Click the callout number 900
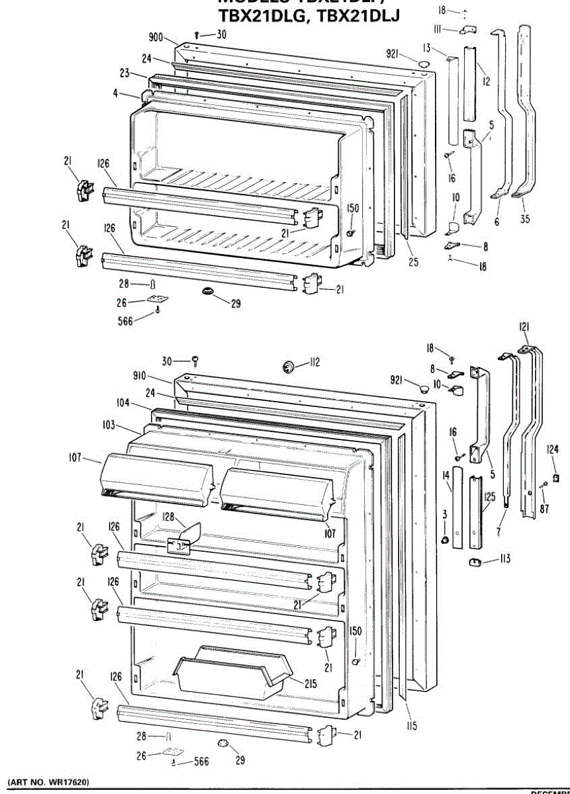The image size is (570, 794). [x=155, y=38]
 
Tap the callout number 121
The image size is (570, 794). [x=524, y=326]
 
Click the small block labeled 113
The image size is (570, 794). [x=475, y=562]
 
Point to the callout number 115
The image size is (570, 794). [x=412, y=727]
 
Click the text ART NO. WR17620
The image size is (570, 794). [x=48, y=782]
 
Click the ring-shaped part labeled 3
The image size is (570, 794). [x=446, y=541]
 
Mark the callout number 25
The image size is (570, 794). [x=413, y=261]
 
